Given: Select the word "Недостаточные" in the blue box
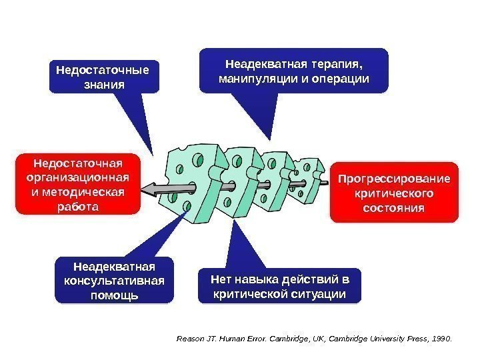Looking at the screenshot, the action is pyautogui.click(x=103, y=69).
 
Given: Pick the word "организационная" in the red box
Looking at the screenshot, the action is pyautogui.click(x=78, y=177).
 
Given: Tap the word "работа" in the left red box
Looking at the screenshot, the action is pyautogui.click(x=78, y=207).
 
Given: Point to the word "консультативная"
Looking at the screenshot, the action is pyautogui.click(x=114, y=280).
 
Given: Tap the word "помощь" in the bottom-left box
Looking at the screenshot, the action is pyautogui.click(x=114, y=294).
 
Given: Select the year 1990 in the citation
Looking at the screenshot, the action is pyautogui.click(x=441, y=339).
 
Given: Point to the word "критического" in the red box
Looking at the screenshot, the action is pyautogui.click(x=394, y=193).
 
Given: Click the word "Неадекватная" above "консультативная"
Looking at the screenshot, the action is pyautogui.click(x=114, y=266).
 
